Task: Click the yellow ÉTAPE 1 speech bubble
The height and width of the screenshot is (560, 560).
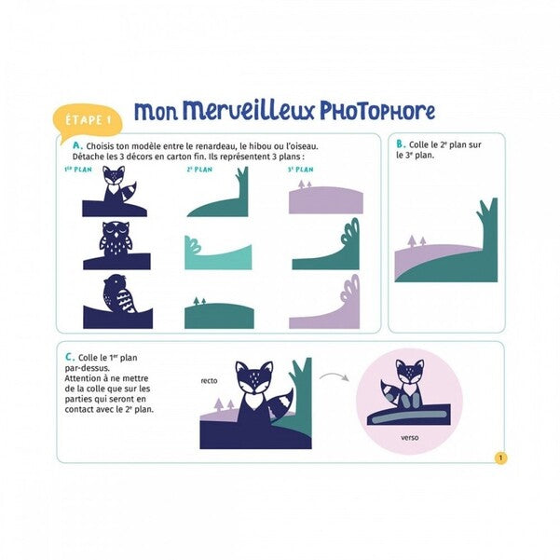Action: click(88, 121)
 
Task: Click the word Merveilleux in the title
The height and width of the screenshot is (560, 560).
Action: click(249, 111)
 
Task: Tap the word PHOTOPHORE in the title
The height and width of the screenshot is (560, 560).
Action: click(377, 111)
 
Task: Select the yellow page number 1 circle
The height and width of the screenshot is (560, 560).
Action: click(500, 458)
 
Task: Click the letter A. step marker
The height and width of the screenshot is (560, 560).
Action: click(77, 145)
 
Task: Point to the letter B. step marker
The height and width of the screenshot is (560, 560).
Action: click(401, 143)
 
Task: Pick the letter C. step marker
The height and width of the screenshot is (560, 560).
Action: click(70, 357)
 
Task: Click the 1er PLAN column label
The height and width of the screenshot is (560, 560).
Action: click(78, 170)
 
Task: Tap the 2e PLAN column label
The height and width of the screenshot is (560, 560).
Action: click(199, 170)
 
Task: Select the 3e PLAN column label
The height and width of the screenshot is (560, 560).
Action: click(300, 170)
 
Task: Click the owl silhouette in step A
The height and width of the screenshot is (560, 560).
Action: click(116, 239)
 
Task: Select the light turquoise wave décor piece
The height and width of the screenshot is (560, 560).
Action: click(218, 254)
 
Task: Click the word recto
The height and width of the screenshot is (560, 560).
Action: click(209, 381)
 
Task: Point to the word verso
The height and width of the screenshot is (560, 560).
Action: click(409, 438)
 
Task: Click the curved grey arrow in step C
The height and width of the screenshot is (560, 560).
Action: click(335, 376)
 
